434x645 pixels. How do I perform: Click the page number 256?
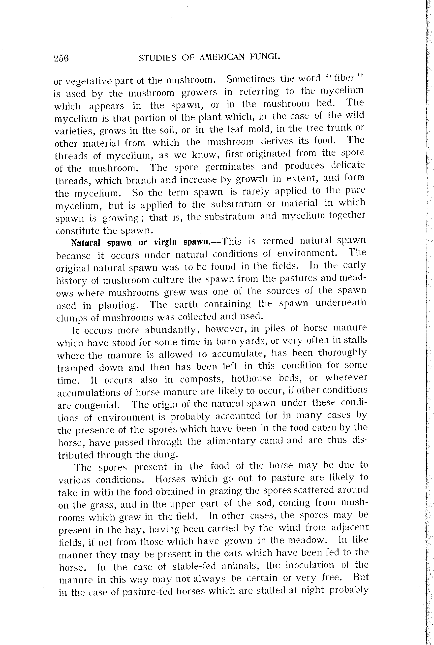[x=61, y=58]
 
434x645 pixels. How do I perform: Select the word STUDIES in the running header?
[x=157, y=58]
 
